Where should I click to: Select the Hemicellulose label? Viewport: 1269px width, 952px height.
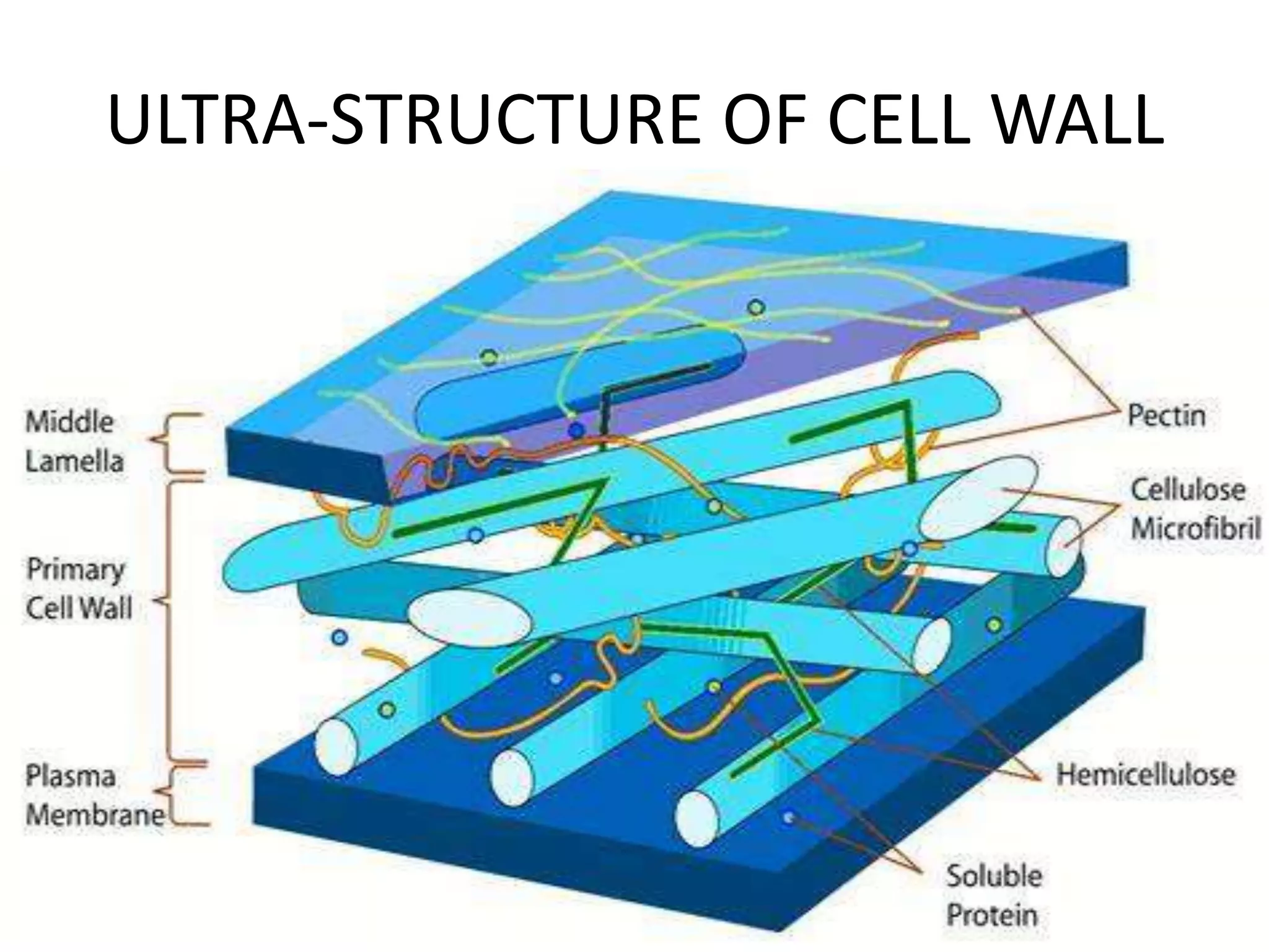1145,775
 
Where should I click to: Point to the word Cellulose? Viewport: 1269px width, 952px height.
1188,490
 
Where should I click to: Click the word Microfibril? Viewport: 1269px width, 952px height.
1195,529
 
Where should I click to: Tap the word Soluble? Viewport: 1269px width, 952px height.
993,876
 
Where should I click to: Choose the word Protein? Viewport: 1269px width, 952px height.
991,915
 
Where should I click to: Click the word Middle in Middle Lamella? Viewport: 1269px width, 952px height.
69,422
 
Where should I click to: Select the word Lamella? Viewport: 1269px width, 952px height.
74,461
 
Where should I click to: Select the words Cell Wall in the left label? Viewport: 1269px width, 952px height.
79,608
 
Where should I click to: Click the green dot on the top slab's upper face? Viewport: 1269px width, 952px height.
756,307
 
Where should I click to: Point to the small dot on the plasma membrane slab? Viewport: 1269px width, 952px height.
788,818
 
